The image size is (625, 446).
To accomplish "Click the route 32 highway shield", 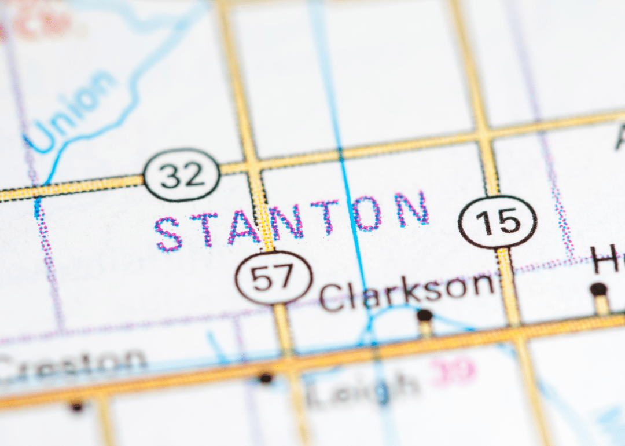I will coord(182,174).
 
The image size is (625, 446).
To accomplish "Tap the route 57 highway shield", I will coord(274,278).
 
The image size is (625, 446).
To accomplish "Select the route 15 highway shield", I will coord(498,221).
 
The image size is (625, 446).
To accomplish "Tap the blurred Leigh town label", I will coord(362,386).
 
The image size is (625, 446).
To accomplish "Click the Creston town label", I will coord(72,363).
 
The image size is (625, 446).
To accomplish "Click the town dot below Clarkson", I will coord(425,316).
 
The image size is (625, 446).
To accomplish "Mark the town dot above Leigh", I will coord(266,378).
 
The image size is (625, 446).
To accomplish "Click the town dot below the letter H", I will coord(598,288).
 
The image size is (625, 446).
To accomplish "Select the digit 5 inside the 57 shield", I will coord(263,279).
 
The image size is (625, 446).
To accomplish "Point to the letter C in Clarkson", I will coord(331,297).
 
